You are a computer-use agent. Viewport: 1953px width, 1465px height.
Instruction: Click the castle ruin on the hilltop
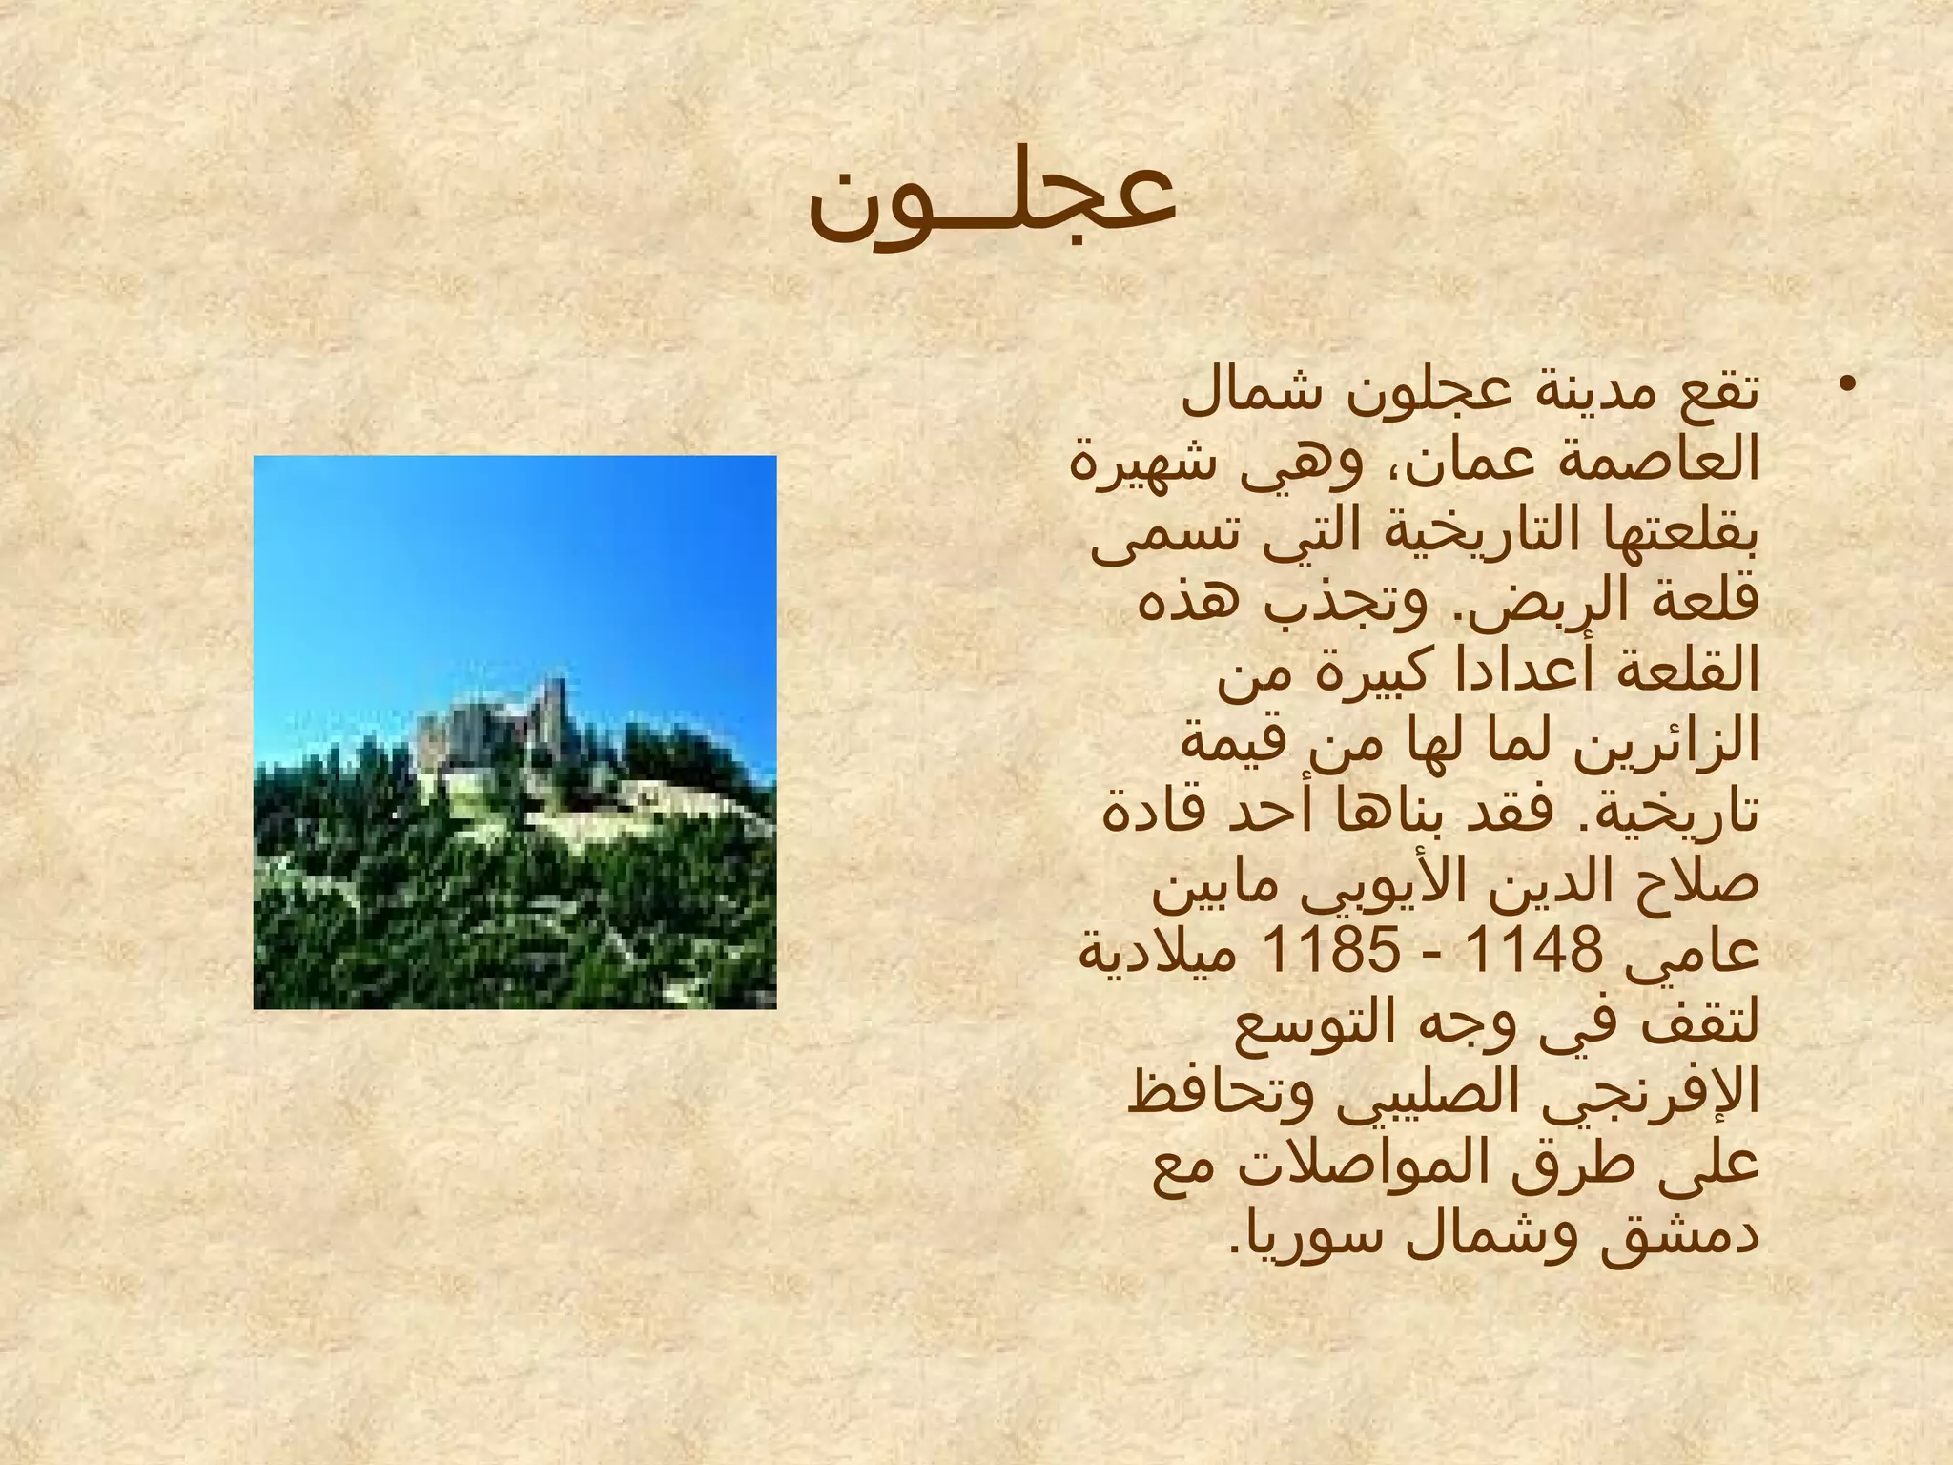point(496,730)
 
